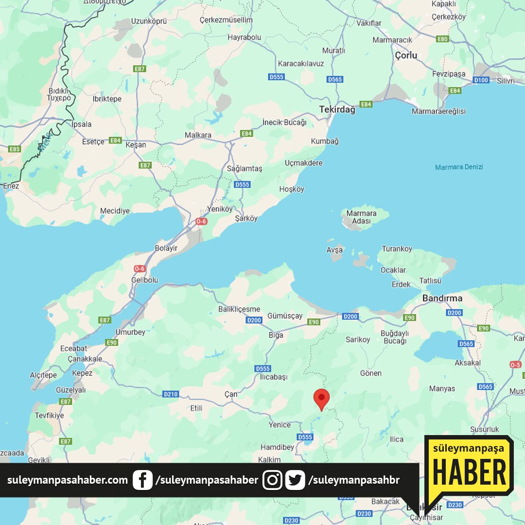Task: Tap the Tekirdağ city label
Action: coord(337,110)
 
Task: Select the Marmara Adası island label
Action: coord(362,217)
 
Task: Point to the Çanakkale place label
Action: coord(85,359)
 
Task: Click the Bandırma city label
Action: coord(442,298)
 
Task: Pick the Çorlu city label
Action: coord(406,55)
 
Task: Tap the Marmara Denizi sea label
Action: coord(459,167)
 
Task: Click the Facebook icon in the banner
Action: coord(142,480)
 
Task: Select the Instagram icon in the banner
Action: coord(273,480)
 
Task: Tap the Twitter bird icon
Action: coord(295,480)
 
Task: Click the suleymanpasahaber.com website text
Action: coord(68,480)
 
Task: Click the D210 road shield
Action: coord(171,394)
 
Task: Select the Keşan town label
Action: coord(136,145)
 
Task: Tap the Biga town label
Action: coord(276,335)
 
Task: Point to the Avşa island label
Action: coord(334,250)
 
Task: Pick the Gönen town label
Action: coord(371,373)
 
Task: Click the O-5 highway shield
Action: coord(515,364)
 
